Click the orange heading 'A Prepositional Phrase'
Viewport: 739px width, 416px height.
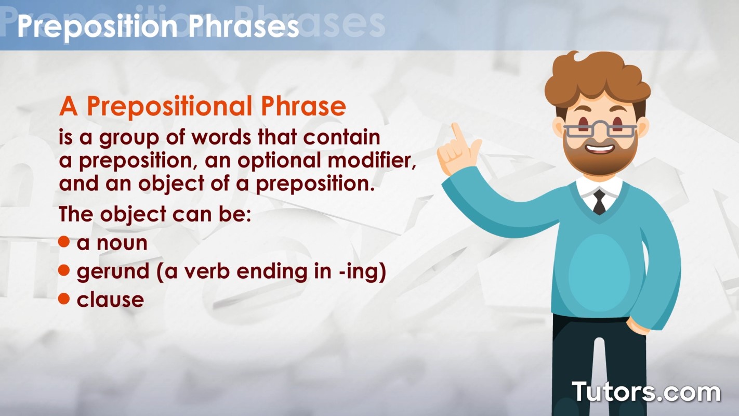point(202,107)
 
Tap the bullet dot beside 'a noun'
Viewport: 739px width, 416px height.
point(64,242)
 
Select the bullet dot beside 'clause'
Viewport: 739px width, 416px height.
point(64,298)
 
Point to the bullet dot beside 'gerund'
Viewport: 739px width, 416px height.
point(64,270)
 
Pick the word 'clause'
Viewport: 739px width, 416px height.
point(110,300)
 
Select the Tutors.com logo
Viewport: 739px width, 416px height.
point(646,392)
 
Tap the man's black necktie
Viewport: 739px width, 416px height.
point(599,201)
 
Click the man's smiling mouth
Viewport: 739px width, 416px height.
point(600,149)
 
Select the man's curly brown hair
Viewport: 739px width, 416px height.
point(598,78)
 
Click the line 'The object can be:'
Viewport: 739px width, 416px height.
point(155,214)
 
